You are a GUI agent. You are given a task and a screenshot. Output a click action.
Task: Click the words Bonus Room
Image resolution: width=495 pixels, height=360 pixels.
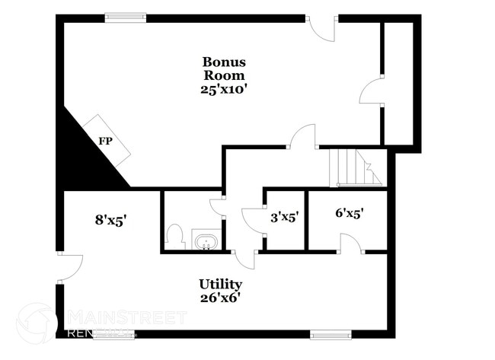tap(223, 68)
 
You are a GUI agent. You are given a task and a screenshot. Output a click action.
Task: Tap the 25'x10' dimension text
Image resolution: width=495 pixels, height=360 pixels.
tap(223, 88)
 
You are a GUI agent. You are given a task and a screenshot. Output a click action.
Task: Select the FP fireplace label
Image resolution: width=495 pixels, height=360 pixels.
tap(105, 141)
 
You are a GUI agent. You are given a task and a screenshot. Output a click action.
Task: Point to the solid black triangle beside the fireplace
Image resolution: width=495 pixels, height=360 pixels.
tap(80, 156)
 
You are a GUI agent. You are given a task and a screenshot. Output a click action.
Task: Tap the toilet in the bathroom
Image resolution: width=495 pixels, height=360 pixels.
tap(176, 236)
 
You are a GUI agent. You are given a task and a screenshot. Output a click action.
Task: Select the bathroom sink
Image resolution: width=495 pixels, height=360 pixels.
tap(206, 243)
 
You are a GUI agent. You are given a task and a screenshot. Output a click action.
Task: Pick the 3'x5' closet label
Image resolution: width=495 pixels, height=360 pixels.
tap(283, 215)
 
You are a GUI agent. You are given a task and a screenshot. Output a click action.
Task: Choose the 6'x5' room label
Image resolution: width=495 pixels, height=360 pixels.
tap(350, 214)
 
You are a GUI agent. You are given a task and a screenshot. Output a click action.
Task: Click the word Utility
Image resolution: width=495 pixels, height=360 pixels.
tap(220, 284)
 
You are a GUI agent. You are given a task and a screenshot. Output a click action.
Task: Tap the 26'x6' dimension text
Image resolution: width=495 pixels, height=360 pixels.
tap(220, 298)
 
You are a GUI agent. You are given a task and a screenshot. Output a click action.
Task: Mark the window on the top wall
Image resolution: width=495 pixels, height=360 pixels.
tap(126, 17)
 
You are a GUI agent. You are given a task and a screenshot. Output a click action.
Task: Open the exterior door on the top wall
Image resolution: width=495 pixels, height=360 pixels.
tap(323, 29)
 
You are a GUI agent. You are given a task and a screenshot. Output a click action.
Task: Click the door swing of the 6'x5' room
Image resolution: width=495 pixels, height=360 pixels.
tap(350, 244)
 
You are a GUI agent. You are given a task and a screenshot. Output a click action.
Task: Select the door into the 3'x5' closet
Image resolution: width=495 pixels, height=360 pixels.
tap(252, 219)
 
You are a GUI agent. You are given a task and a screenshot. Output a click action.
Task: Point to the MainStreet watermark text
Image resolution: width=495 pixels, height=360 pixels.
tap(126, 317)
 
